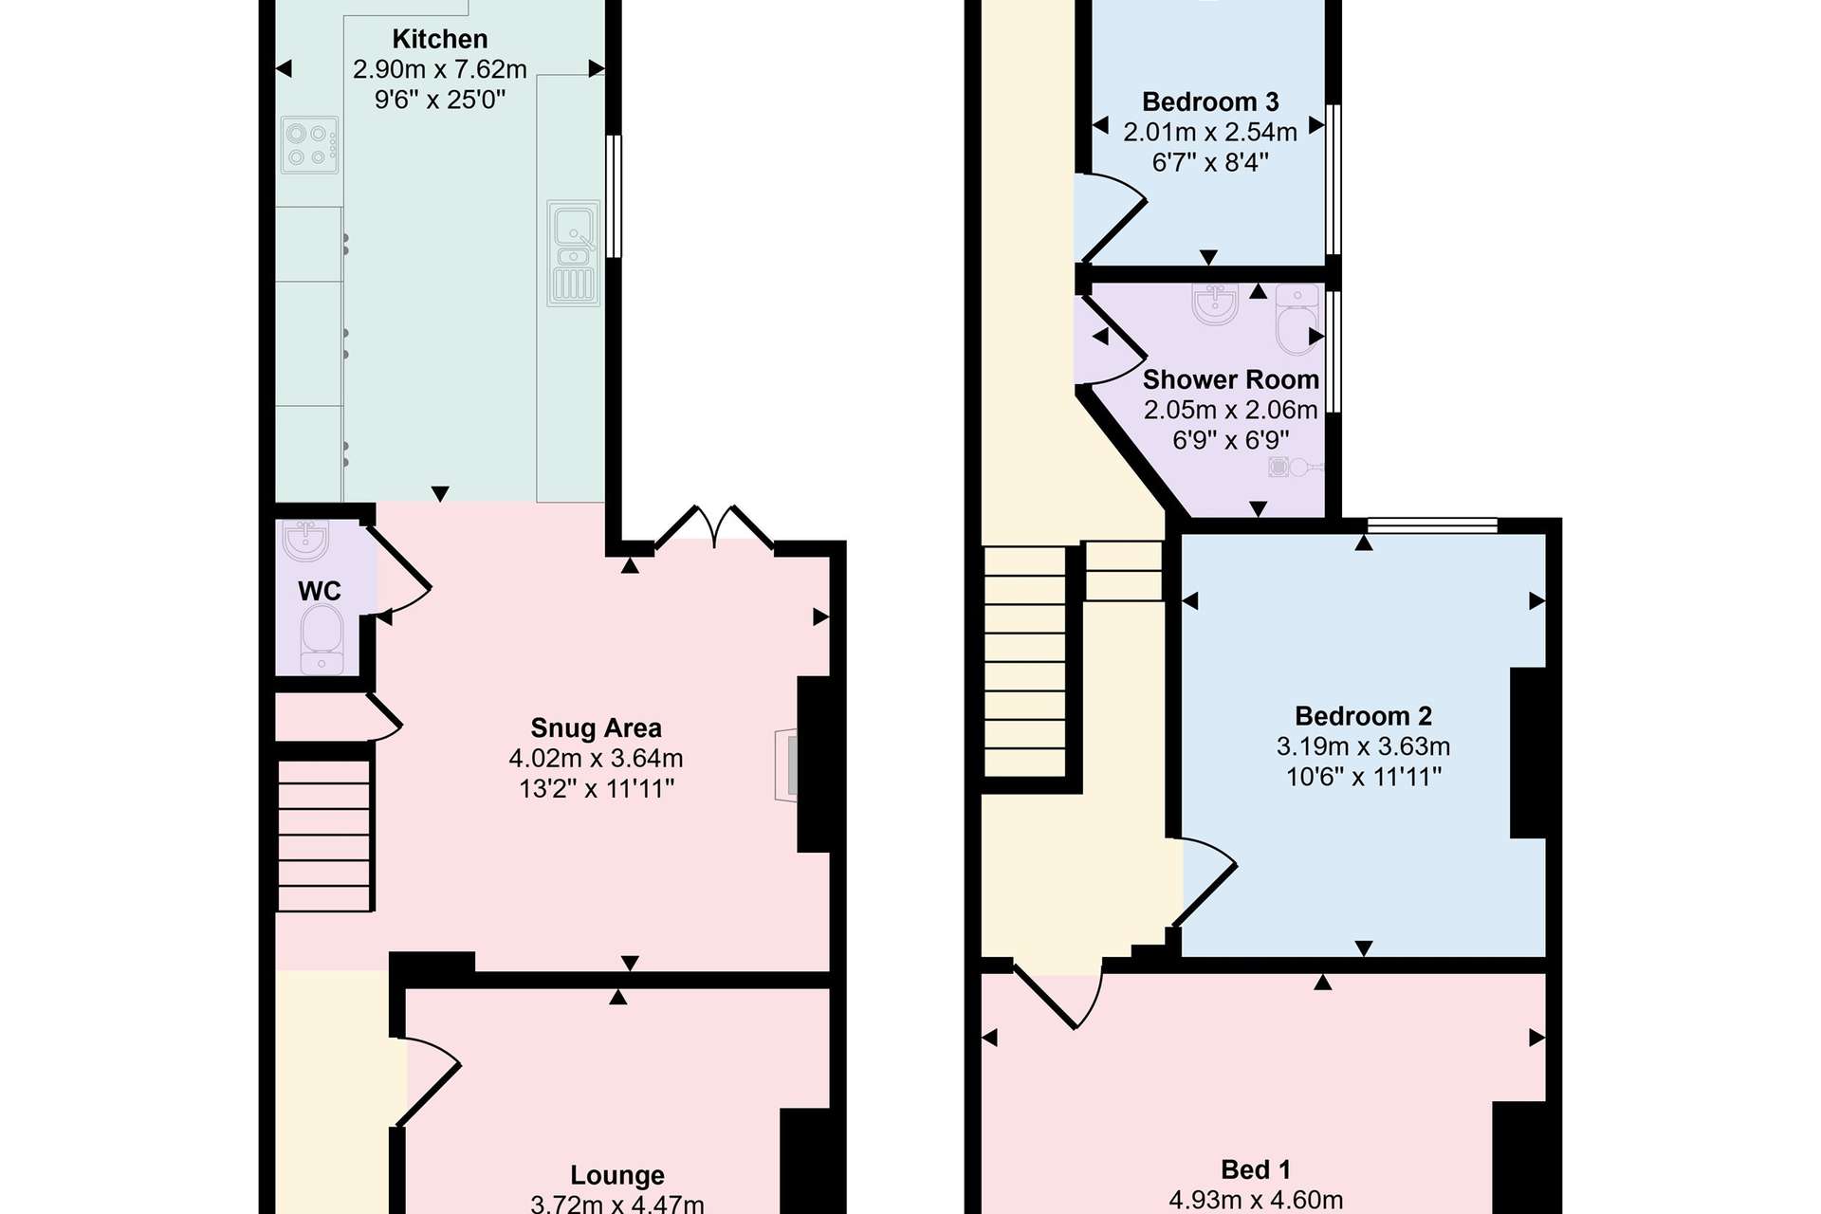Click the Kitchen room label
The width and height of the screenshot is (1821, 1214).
[x=440, y=40]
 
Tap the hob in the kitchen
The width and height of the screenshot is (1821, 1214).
[x=310, y=145]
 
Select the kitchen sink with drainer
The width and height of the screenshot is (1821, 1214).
[x=574, y=253]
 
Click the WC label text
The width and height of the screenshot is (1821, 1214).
[x=320, y=592]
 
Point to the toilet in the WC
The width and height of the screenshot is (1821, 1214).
[x=322, y=640]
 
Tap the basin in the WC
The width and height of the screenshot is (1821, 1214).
[x=305, y=541]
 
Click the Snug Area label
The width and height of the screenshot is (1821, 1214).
[x=597, y=728]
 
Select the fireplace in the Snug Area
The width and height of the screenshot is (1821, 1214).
[x=786, y=765]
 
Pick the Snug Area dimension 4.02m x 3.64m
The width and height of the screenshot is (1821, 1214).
[x=597, y=759]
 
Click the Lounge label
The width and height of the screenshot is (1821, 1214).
[x=617, y=1176]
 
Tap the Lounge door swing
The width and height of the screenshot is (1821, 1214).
[x=428, y=1082]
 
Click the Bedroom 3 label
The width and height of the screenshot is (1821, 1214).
[x=1210, y=102]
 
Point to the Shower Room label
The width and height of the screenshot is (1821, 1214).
[x=1231, y=380]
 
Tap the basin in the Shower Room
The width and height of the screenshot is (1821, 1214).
[x=1215, y=304]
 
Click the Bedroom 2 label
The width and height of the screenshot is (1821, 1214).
[x=1364, y=716]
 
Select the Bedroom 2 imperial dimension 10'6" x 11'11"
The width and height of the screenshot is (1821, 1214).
[x=1364, y=778]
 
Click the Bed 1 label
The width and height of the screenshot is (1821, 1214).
[x=1256, y=1170]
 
